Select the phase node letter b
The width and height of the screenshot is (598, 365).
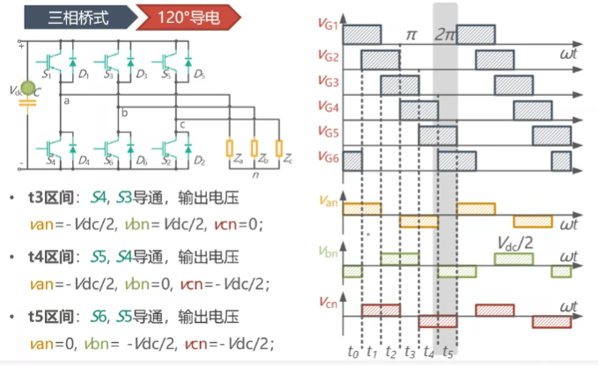[124, 113]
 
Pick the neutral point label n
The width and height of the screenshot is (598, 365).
[254, 174]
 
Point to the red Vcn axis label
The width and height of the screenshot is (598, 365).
[328, 301]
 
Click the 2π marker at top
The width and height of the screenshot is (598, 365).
[446, 36]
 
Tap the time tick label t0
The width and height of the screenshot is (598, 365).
[353, 353]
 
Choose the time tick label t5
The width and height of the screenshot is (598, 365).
[448, 353]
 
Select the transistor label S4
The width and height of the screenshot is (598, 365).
[49, 161]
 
